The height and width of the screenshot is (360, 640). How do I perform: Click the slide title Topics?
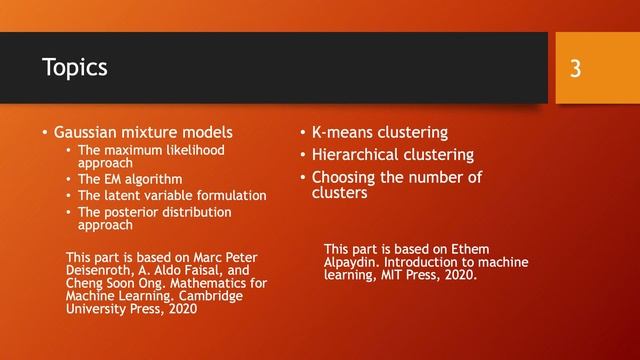tap(75, 67)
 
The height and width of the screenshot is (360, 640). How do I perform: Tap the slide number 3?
tap(576, 68)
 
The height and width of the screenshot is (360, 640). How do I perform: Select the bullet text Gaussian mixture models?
tap(143, 131)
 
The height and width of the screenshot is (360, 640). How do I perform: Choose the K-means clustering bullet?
tap(380, 132)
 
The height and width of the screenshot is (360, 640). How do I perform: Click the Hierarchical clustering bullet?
tap(393, 155)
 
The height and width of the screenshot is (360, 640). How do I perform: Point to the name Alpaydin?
tap(354, 262)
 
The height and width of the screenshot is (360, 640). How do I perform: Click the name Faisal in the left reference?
tap(216, 270)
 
